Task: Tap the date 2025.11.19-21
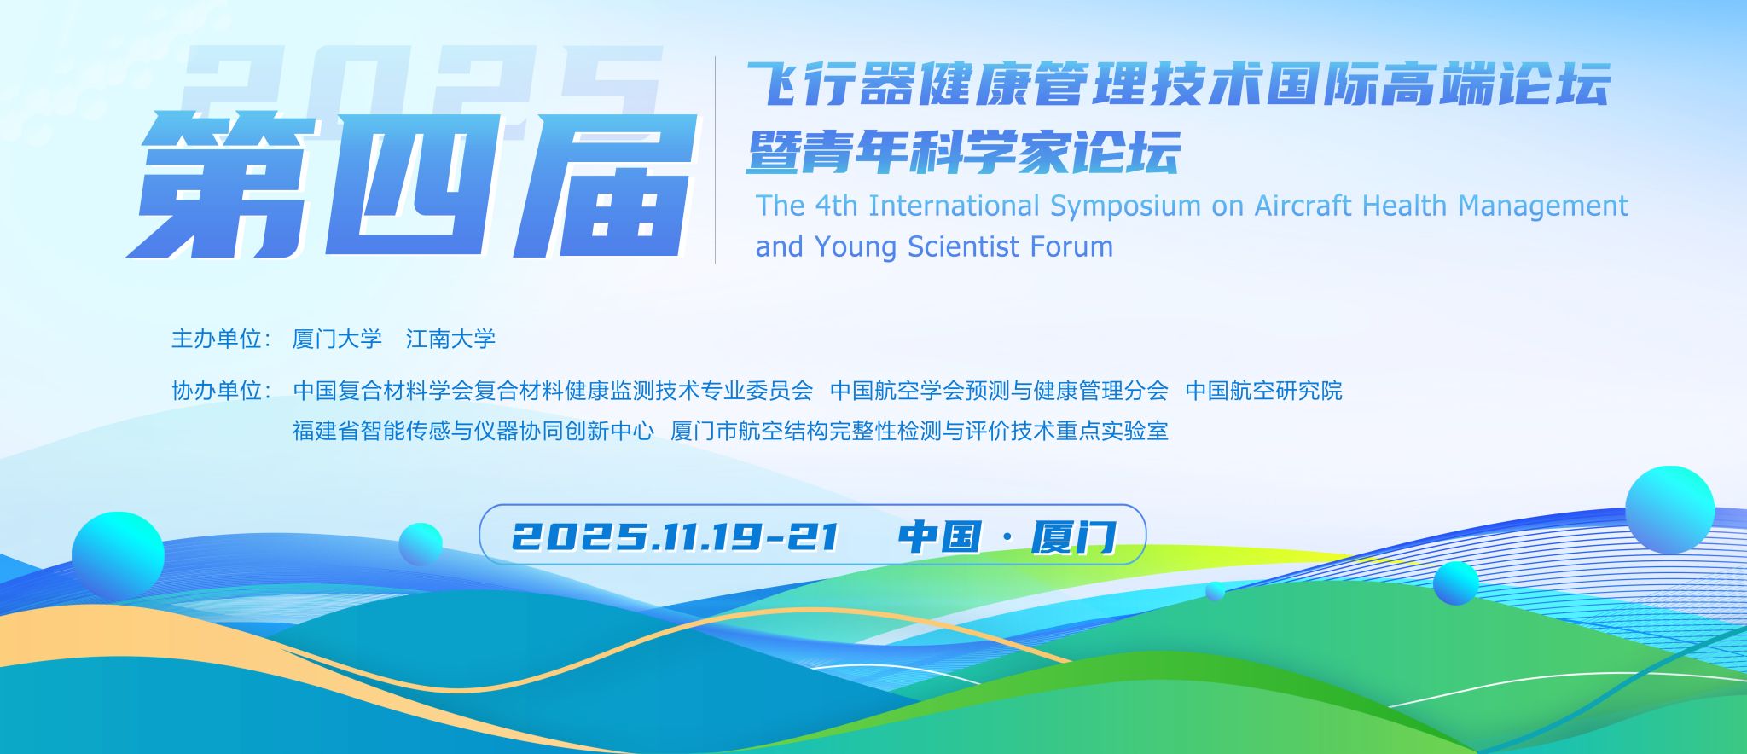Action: (x=675, y=536)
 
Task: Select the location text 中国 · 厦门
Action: (x=1007, y=536)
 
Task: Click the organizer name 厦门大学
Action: (x=337, y=339)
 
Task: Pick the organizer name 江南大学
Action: (x=450, y=339)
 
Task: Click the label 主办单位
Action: (x=216, y=339)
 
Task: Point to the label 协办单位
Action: (x=216, y=391)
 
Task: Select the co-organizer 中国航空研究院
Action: (x=1263, y=391)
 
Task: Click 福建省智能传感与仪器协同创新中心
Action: (x=473, y=431)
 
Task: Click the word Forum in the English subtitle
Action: (x=1071, y=246)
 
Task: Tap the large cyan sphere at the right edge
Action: (x=1669, y=510)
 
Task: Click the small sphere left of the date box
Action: (x=421, y=544)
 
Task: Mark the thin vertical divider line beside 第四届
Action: (x=715, y=160)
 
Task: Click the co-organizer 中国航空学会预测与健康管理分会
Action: (x=999, y=391)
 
